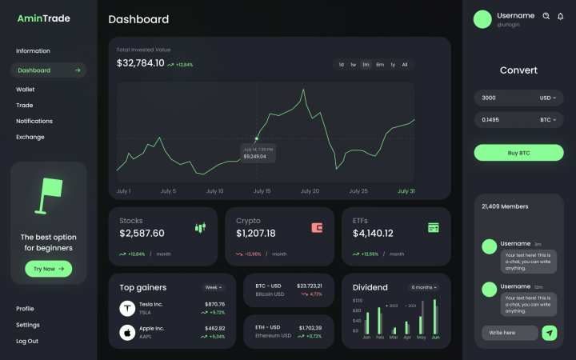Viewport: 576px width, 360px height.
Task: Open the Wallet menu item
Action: coord(26,90)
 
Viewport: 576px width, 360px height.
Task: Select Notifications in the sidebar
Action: coord(34,121)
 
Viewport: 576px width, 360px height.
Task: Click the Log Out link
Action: coord(27,341)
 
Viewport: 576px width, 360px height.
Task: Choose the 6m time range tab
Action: coord(380,64)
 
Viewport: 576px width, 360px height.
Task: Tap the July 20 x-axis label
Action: coord(310,191)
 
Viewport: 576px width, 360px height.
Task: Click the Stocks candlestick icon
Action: coord(200,228)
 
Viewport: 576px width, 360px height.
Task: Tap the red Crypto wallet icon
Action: coord(317,228)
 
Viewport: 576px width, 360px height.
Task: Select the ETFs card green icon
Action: coord(433,228)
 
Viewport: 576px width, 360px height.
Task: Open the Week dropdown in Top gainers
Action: coord(213,287)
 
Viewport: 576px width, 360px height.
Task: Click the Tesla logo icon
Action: coord(126,308)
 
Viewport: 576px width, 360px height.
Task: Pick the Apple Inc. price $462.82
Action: coord(214,328)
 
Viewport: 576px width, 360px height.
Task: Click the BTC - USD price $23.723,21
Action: coord(309,286)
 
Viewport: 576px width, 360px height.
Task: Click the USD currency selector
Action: coord(548,98)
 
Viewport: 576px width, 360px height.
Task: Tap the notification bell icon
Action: coord(560,16)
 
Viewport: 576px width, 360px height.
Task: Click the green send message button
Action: coord(549,333)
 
